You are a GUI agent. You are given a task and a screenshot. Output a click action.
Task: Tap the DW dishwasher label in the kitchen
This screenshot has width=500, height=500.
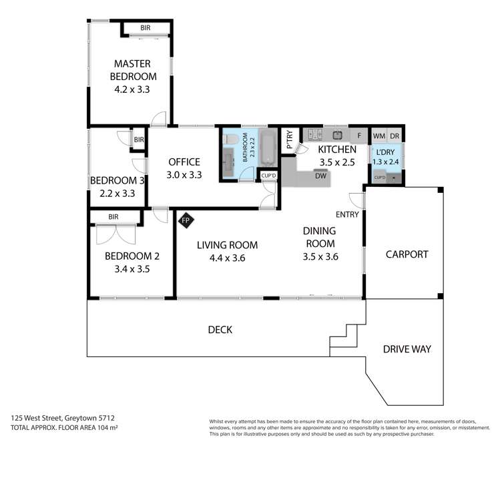[320, 176]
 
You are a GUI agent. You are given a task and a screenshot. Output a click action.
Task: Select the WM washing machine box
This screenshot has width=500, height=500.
[379, 136]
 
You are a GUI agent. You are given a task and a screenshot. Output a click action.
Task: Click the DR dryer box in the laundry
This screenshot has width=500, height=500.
[395, 136]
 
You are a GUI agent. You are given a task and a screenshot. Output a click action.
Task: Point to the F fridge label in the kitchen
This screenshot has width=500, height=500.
[359, 136]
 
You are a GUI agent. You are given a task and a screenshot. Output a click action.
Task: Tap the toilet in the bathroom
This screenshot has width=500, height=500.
[230, 139]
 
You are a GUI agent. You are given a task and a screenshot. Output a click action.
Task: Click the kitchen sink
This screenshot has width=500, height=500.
[337, 136]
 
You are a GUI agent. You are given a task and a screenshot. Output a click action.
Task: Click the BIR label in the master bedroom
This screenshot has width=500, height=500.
[145, 28]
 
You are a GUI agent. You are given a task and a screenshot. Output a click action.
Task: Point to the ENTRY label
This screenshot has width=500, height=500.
[347, 214]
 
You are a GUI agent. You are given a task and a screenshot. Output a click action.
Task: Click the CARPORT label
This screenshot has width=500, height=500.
[406, 254]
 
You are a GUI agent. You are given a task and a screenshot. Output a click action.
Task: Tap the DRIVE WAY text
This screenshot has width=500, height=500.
[407, 349]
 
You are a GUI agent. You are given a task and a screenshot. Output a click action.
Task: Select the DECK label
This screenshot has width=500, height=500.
[220, 330]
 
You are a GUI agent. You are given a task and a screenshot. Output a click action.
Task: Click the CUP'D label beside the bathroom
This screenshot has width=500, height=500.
[269, 176]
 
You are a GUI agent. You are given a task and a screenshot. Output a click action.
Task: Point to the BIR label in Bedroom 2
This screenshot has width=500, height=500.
[113, 217]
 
